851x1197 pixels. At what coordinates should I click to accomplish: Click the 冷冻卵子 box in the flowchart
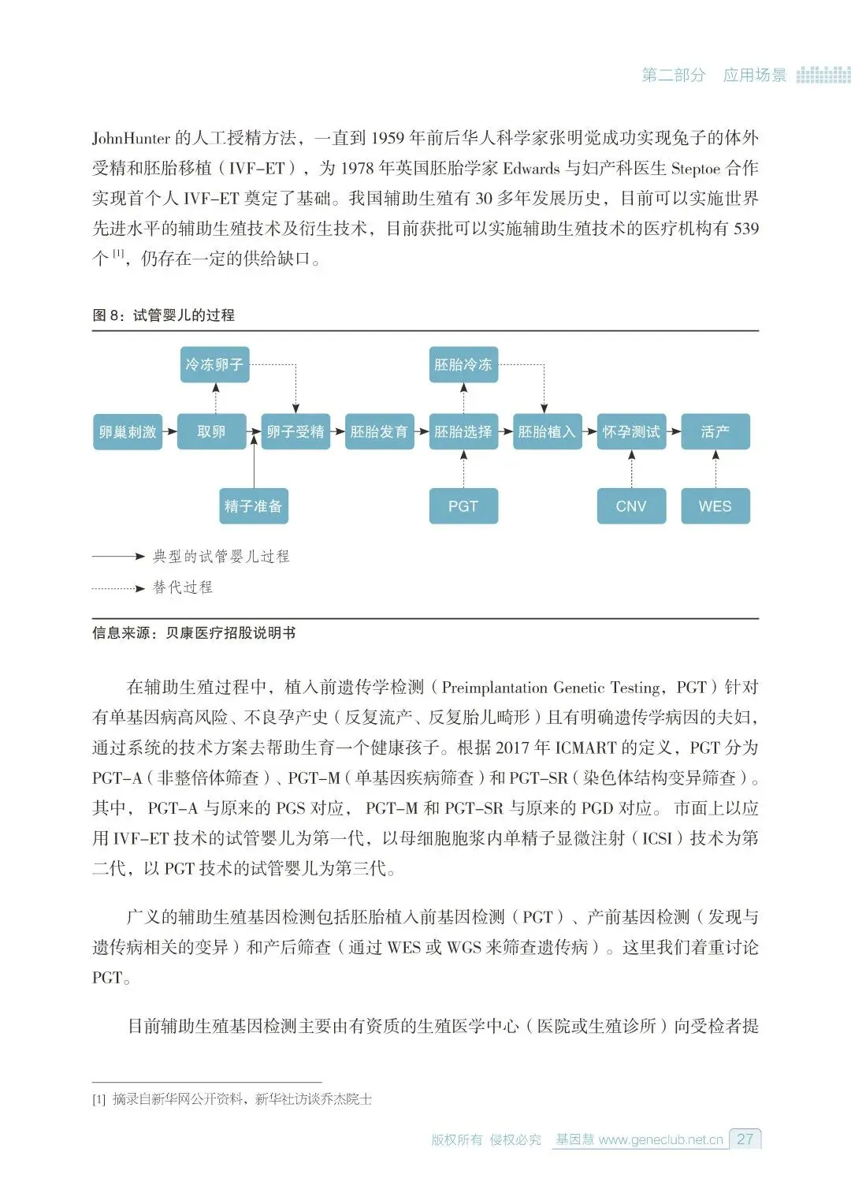pos(214,364)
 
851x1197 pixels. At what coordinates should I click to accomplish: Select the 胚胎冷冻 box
pos(463,364)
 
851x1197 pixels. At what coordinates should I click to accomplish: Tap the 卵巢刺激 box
pos(128,431)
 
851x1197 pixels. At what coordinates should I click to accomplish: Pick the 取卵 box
pos(211,431)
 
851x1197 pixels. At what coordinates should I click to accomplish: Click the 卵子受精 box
pos(295,431)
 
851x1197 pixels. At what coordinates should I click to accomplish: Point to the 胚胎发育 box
pos(379,431)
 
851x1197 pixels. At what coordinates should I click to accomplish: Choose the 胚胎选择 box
pos(463,431)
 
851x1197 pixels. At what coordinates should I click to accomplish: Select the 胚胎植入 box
pos(547,431)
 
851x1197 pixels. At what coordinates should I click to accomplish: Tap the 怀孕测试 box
pos(631,431)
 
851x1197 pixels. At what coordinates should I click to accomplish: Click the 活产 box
pos(715,431)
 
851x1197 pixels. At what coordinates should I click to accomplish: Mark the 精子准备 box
pos(253,505)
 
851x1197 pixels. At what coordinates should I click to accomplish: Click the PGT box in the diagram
pos(463,505)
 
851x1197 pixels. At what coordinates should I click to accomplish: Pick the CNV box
pos(631,505)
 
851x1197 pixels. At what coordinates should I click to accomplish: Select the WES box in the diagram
pos(715,505)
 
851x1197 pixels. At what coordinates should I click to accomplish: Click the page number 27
pos(745,1139)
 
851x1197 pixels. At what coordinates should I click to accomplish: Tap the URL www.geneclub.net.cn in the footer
pos(660,1139)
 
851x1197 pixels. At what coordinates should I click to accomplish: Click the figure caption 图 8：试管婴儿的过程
pos(163,315)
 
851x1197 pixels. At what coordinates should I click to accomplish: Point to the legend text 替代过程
pos(183,587)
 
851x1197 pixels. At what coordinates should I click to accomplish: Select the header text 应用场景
pos(755,75)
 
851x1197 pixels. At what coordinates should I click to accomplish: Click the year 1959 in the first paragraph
pos(387,139)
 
